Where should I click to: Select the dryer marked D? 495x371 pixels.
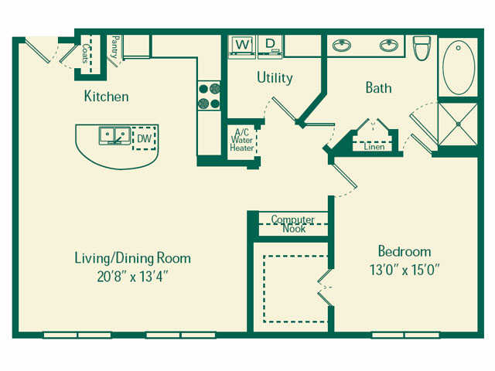(x=271, y=46)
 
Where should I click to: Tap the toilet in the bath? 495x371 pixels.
(x=422, y=48)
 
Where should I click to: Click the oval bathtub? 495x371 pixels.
(x=458, y=67)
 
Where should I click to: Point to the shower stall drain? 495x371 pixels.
(x=458, y=126)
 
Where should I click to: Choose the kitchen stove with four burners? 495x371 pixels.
(x=209, y=95)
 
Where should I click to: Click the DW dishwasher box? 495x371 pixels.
(x=144, y=138)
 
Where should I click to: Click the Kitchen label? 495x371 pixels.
(x=106, y=97)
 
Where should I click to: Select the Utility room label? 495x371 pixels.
(x=275, y=78)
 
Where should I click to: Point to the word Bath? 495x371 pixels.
(x=378, y=88)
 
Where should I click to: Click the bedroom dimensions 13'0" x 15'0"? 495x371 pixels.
(x=404, y=269)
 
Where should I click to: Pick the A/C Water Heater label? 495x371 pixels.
(x=241, y=140)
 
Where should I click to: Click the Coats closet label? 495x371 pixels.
(x=86, y=53)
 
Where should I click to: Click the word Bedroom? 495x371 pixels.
(x=404, y=252)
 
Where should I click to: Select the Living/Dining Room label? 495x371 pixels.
(x=131, y=258)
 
